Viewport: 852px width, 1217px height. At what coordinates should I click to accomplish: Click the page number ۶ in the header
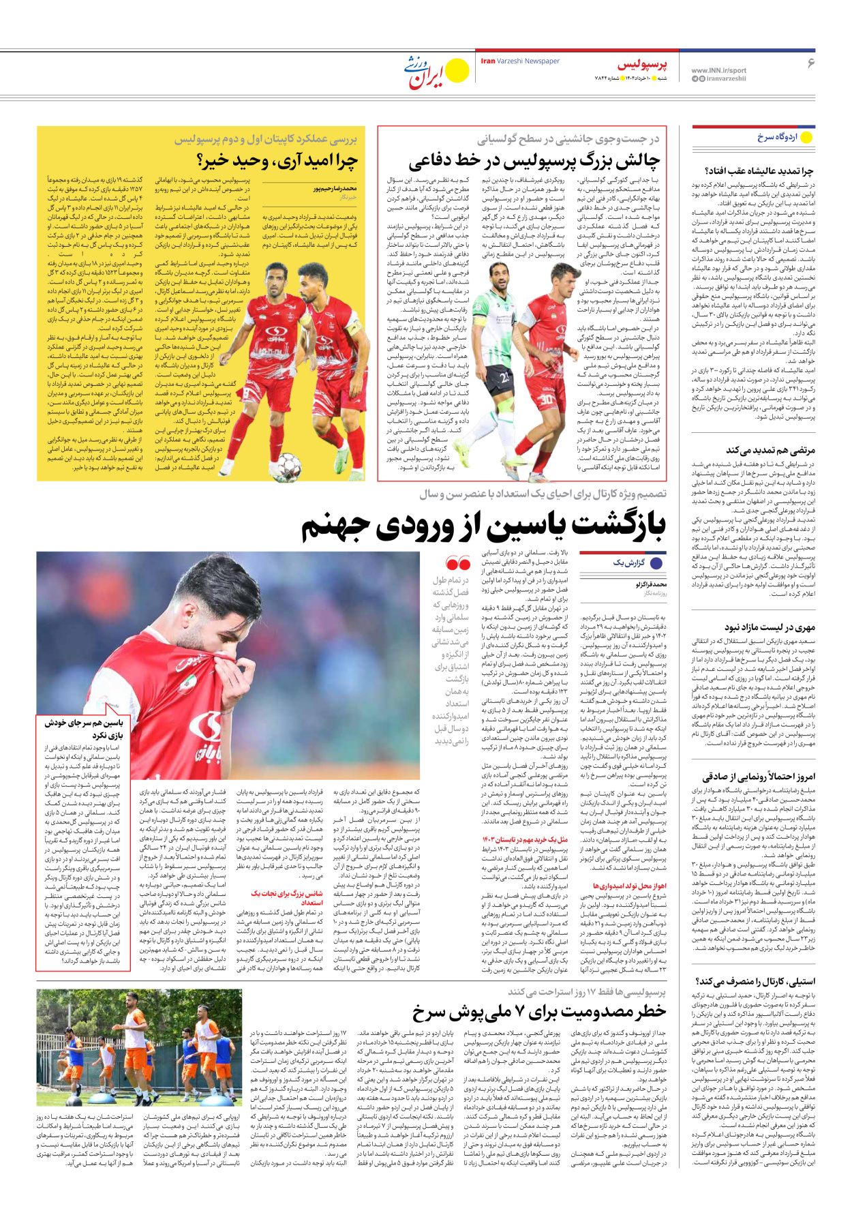[810, 63]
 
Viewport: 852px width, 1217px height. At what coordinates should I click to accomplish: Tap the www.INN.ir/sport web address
[718, 70]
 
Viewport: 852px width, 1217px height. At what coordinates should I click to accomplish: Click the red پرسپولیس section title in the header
[642, 65]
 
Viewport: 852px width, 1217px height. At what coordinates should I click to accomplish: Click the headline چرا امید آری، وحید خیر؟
[277, 161]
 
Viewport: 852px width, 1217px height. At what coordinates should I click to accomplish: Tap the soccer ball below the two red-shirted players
[288, 467]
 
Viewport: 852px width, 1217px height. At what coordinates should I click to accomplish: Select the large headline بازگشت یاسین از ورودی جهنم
[483, 524]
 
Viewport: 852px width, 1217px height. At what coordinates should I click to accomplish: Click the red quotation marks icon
[457, 563]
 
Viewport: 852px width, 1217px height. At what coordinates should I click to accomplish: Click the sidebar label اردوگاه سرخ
[777, 137]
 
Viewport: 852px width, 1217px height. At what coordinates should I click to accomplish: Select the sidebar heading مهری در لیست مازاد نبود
[770, 627]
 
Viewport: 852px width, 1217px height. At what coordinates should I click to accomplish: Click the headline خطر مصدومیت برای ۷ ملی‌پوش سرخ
[538, 1012]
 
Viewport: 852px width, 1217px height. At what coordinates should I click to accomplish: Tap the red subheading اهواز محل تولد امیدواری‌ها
[629, 886]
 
